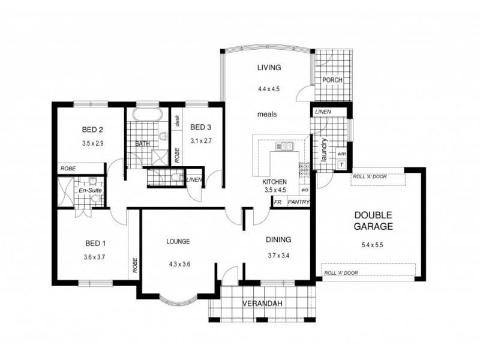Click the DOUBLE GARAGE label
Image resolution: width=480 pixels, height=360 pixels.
point(373,221)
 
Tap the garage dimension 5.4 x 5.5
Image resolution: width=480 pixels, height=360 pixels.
point(373,245)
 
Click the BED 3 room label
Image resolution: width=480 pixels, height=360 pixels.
point(200,127)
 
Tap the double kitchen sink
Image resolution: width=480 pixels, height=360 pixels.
point(284,146)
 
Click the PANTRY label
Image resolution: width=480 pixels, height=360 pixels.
point(298,202)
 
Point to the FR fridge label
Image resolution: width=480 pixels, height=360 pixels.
point(278,202)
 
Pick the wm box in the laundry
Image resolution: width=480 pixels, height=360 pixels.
point(341,152)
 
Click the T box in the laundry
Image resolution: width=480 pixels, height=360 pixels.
point(341,164)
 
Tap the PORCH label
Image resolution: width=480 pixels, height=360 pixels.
point(332,80)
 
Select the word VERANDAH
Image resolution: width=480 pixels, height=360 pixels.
point(262,303)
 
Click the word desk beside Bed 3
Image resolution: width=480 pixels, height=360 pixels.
point(178,121)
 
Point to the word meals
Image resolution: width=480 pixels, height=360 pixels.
point(267,114)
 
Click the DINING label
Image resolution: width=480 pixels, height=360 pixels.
point(278,239)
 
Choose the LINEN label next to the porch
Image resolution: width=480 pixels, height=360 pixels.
point(322,112)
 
